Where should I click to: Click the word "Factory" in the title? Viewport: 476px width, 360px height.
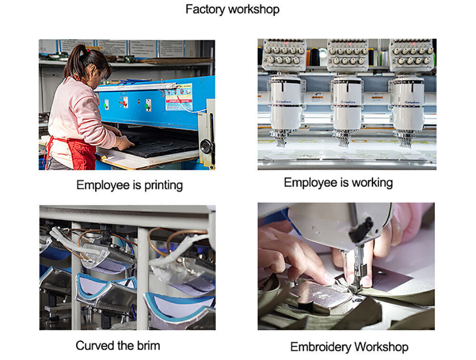pyautogui.click(x=205, y=9)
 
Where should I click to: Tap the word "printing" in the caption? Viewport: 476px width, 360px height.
pyautogui.click(x=163, y=185)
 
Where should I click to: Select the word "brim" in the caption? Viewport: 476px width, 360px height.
pyautogui.click(x=149, y=346)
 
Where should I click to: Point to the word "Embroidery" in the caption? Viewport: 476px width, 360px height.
pyautogui.click(x=320, y=347)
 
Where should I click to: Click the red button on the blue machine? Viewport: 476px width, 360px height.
pyautogui.click(x=124, y=103)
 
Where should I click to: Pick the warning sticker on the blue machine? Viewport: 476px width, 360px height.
pyautogui.click(x=179, y=97)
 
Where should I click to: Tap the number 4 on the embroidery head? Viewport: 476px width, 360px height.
pyautogui.click(x=265, y=60)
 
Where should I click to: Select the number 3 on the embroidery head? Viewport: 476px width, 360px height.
pyautogui.click(x=330, y=61)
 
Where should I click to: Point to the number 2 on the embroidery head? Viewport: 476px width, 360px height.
pyautogui.click(x=394, y=61)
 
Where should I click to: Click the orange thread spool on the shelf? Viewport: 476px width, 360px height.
pyautogui.click(x=308, y=58)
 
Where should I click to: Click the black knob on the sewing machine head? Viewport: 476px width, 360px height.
pyautogui.click(x=361, y=230)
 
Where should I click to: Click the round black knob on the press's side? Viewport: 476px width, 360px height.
pyautogui.click(x=207, y=147)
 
